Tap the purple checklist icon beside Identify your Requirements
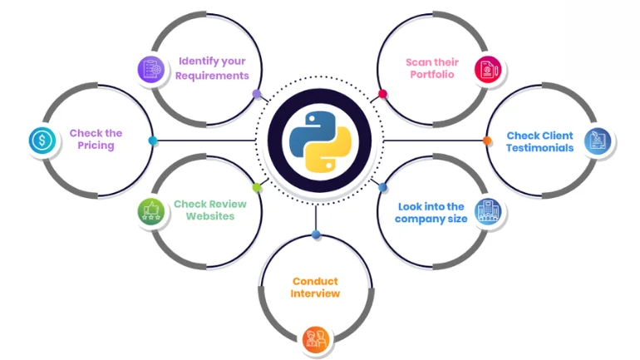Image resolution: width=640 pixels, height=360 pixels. pos(150,68)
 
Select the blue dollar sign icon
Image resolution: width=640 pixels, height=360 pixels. pos(41,140)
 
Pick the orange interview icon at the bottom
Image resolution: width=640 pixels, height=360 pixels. pos(315,338)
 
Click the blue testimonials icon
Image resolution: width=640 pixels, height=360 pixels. pos(596,141)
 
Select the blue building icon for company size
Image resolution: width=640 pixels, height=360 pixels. pos(486,212)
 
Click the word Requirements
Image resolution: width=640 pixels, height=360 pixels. pos(211,76)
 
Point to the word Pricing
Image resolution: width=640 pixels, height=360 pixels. pos(96,146)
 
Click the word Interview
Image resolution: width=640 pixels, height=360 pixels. pos(315,293)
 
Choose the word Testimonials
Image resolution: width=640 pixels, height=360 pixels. pos(539,148)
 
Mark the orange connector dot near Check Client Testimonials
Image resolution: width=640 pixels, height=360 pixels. pos(487,141)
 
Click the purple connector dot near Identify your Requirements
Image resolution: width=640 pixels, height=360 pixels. pos(256,94)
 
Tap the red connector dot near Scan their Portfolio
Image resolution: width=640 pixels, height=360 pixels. pos(382,94)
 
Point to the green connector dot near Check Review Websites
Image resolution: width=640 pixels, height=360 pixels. pos(257,188)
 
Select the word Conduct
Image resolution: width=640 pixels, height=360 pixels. pos(315,281)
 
